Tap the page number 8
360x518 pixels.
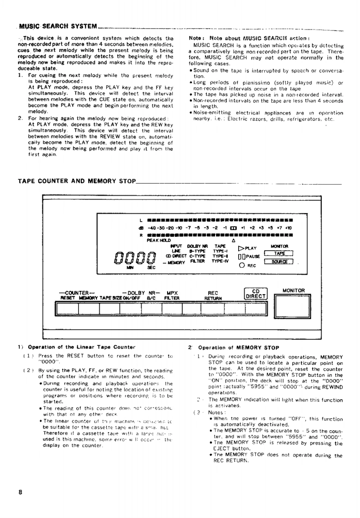(x=20, y=492)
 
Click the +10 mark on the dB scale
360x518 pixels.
(x=288, y=228)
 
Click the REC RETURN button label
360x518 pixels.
(x=213, y=295)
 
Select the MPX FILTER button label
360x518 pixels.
(x=172, y=295)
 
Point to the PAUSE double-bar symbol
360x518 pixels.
(x=241, y=257)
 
